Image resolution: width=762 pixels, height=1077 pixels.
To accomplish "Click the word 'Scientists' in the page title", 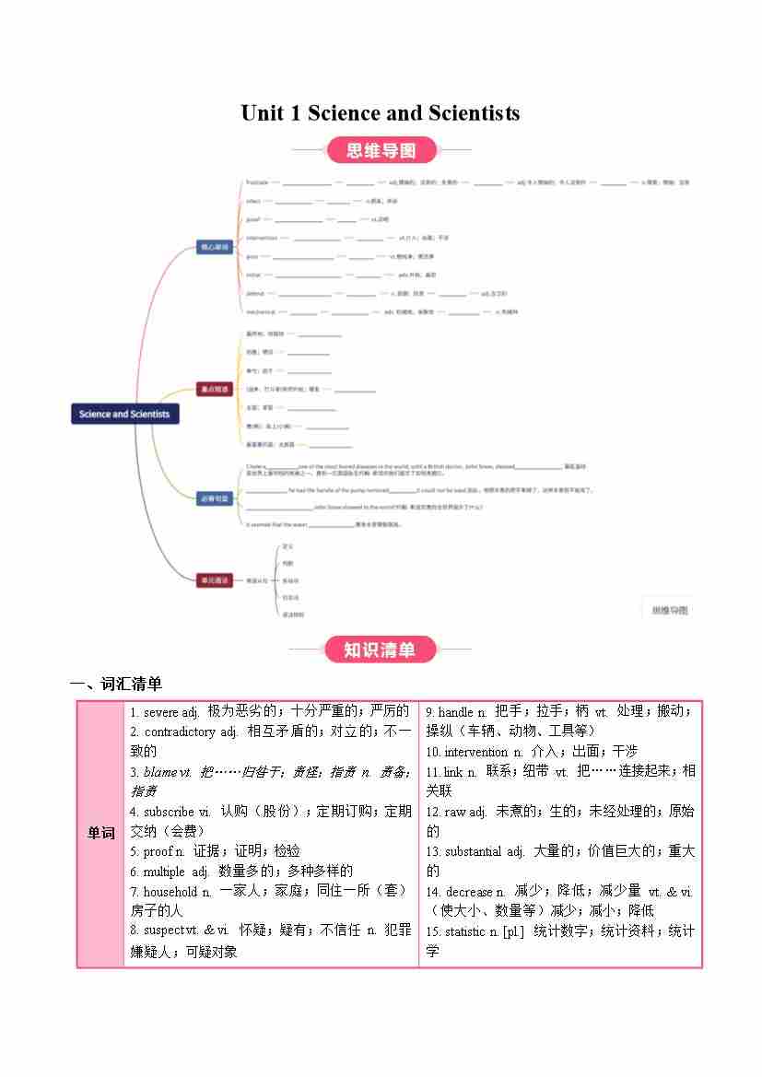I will point(474,113).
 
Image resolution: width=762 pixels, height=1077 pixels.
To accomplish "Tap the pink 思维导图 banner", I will point(381,150).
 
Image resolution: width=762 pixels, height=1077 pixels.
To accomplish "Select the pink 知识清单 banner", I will point(380,650).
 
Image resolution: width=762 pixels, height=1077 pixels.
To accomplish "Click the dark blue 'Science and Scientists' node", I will point(124,414).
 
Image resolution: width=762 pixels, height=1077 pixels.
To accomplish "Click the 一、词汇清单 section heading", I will point(116,684).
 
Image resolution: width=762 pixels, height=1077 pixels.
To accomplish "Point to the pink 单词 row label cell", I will point(100,833).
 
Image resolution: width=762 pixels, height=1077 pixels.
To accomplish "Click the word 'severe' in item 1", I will point(162,712).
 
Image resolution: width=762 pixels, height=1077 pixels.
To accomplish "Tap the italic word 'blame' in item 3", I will point(159,772).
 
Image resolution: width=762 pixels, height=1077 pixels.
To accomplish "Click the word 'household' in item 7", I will point(170,892).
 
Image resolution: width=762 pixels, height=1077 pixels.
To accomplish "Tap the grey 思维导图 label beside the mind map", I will point(670,610).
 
